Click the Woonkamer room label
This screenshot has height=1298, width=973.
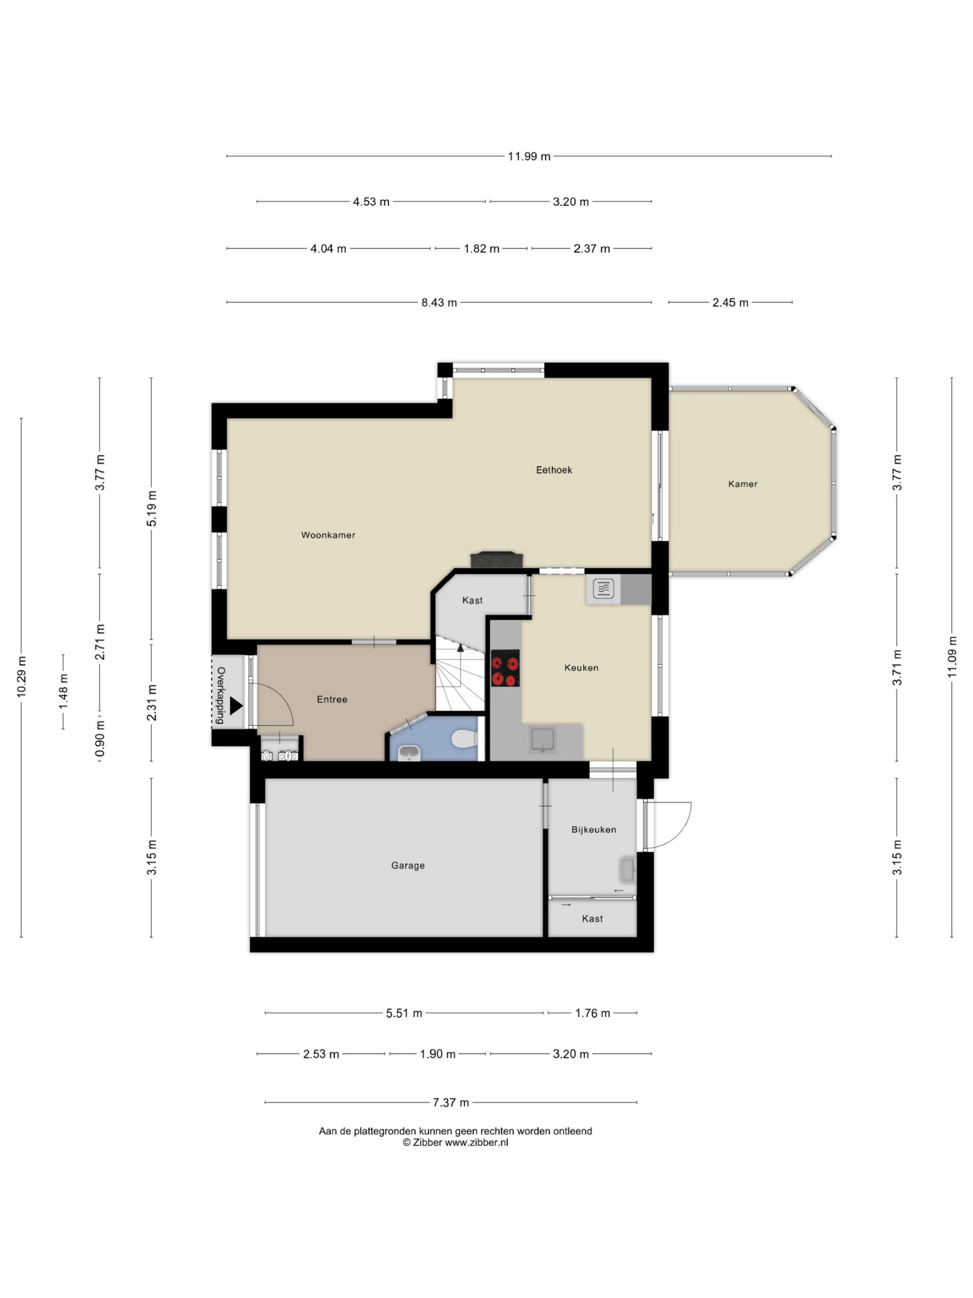(x=328, y=535)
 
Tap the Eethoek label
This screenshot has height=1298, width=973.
(x=554, y=470)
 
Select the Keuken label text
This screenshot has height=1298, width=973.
(x=581, y=668)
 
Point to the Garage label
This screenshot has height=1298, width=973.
(x=407, y=866)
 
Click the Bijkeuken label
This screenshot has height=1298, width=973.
(x=593, y=830)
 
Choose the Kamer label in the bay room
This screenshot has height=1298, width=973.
(x=742, y=484)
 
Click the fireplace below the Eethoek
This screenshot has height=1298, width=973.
(x=496, y=560)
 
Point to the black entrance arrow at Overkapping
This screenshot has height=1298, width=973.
(x=236, y=706)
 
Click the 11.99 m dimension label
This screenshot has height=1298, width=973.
(x=529, y=157)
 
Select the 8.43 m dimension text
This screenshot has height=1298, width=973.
(x=439, y=303)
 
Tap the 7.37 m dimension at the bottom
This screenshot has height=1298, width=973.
(x=451, y=1103)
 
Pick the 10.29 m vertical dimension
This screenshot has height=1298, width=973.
(x=22, y=676)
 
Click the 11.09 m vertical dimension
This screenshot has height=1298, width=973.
(x=952, y=657)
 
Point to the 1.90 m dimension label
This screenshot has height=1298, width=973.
(x=437, y=1055)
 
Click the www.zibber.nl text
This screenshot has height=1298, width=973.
(x=476, y=1142)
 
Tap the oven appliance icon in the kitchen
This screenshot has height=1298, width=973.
(x=603, y=588)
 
